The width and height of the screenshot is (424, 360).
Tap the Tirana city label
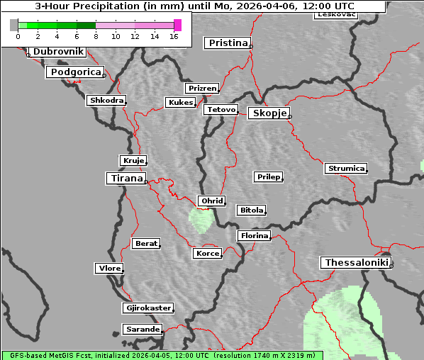[x=126, y=179]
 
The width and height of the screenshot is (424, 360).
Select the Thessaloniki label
[x=356, y=263]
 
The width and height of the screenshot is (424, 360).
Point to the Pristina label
[x=228, y=43]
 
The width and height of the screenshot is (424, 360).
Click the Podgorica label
[x=75, y=72]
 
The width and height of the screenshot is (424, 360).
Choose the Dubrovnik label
[x=58, y=52]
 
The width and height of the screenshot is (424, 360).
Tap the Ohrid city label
[x=212, y=201]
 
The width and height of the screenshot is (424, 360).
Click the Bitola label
[x=251, y=210]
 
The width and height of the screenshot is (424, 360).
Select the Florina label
[x=254, y=235]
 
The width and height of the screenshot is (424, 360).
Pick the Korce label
[x=207, y=253]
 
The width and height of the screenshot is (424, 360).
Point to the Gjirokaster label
[x=147, y=308]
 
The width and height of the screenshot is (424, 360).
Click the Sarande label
[x=142, y=330]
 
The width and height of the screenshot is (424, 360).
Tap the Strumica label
[x=346, y=169]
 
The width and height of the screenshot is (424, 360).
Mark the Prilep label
[x=268, y=176]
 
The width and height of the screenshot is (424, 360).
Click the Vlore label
[x=109, y=269]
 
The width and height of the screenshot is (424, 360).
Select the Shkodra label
[x=106, y=101]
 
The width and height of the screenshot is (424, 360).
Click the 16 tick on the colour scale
[x=174, y=36]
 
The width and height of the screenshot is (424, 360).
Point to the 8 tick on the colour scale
[x=96, y=36]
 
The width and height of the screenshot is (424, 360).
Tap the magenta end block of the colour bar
[x=177, y=25]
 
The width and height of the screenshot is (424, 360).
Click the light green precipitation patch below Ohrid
[x=201, y=220]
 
